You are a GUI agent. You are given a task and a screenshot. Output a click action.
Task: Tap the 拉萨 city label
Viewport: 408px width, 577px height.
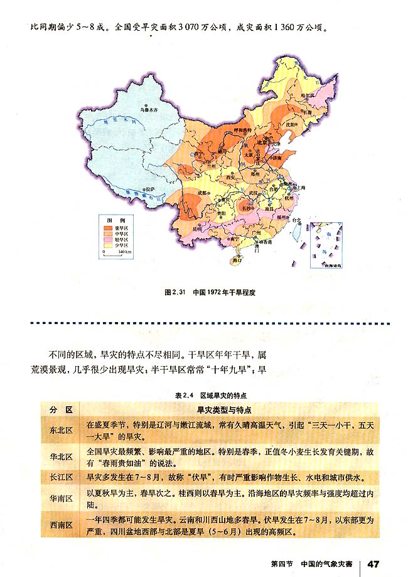click(149, 188)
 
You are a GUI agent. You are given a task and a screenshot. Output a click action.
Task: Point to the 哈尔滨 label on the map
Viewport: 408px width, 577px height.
click(307, 95)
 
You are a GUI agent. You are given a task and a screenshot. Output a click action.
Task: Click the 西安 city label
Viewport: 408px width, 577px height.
click(231, 178)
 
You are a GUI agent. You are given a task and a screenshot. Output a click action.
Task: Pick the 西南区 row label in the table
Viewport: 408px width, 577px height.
click(61, 524)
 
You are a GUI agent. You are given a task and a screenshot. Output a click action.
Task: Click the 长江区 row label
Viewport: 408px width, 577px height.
click(61, 477)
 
